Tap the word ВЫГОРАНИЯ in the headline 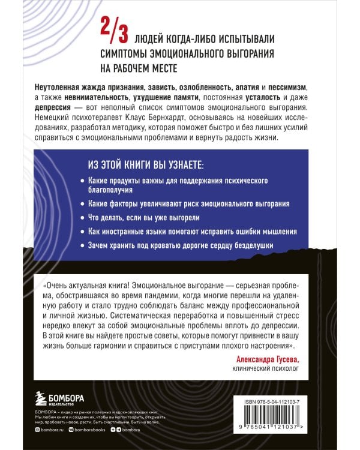point(246,53)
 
